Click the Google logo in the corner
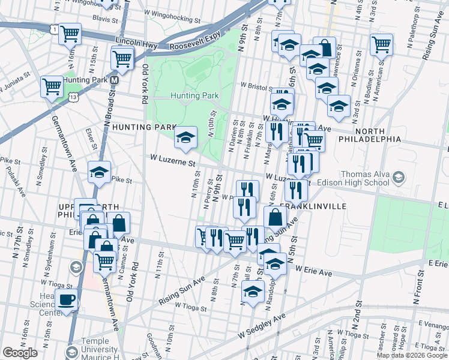(x=20, y=353)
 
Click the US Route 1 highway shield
(x=55, y=29)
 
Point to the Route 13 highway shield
(x=73, y=96)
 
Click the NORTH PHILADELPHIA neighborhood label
(x=378, y=134)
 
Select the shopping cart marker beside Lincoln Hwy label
(x=122, y=59)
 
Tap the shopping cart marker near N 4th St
(x=381, y=44)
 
